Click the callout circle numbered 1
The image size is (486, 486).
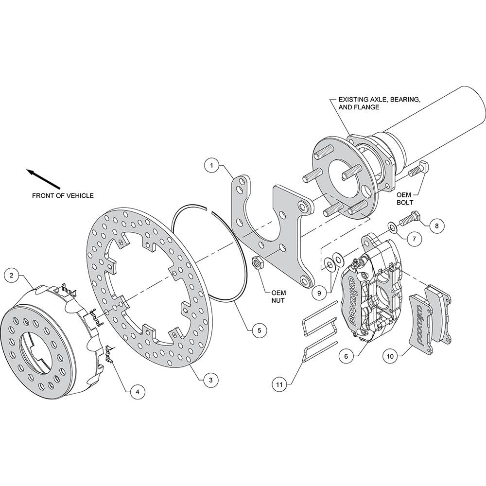click(x=212, y=166)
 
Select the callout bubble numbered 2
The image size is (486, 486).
click(x=12, y=275)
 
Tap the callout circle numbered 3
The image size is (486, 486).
click(x=211, y=380)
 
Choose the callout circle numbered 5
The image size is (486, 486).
click(x=259, y=330)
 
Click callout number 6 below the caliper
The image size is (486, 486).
click(x=346, y=356)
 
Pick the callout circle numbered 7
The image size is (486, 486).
click(x=415, y=239)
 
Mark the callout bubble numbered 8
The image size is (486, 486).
click(x=437, y=226)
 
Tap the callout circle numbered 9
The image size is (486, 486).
click(x=320, y=292)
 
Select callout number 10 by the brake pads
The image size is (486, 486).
click(x=390, y=356)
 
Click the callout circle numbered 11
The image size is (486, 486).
click(x=279, y=384)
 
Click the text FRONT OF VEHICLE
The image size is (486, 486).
click(x=63, y=195)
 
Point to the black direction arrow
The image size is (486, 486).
click(x=43, y=179)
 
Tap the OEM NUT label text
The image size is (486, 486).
click(x=278, y=296)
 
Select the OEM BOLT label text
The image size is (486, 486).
click(x=404, y=199)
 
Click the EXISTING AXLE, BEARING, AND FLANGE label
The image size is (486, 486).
click(x=380, y=103)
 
